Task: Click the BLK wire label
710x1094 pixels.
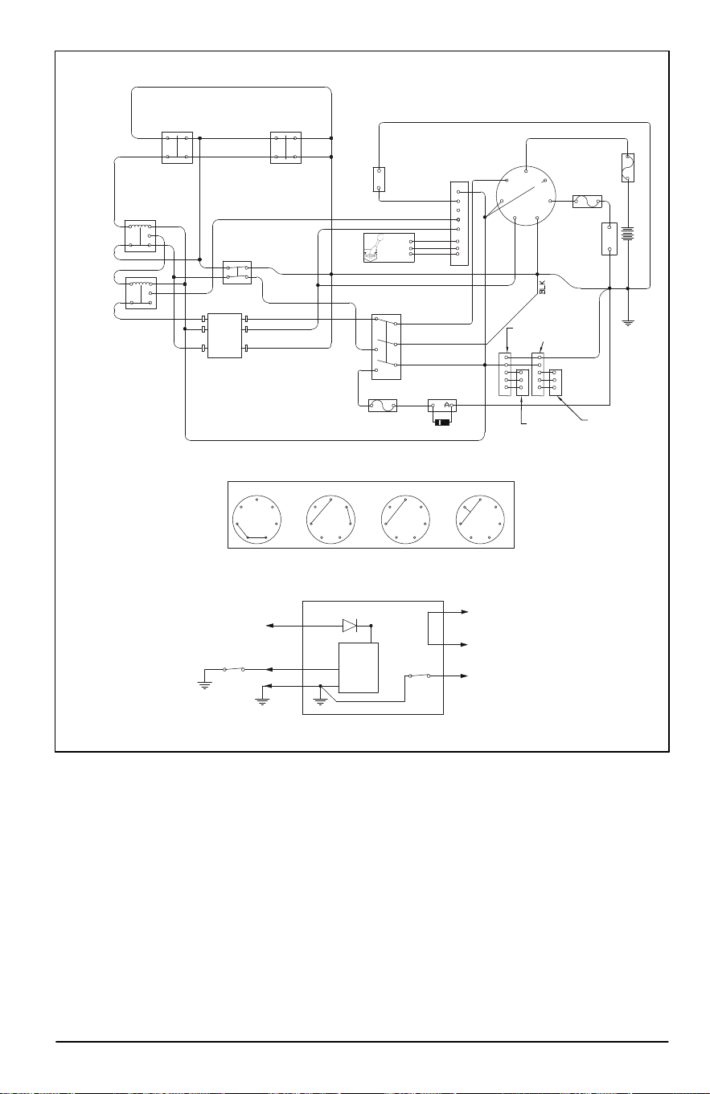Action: pyautogui.click(x=542, y=287)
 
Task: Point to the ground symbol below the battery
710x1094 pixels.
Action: pyautogui.click(x=628, y=323)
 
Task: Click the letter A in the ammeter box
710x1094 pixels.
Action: pyautogui.click(x=447, y=405)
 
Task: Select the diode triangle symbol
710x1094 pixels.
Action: pyautogui.click(x=350, y=626)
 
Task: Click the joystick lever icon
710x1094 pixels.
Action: pyautogui.click(x=375, y=247)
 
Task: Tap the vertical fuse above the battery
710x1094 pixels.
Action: pyautogui.click(x=628, y=168)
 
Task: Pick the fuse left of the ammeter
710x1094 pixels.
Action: pyautogui.click(x=383, y=406)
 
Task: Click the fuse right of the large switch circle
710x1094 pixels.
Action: pyautogui.click(x=587, y=202)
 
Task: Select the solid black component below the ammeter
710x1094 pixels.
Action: pyautogui.click(x=443, y=422)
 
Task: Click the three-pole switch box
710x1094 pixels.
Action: pyautogui.click(x=386, y=347)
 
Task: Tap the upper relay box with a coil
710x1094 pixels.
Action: pyautogui.click(x=141, y=236)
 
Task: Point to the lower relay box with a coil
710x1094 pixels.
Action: pyautogui.click(x=142, y=293)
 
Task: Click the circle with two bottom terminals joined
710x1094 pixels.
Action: pyautogui.click(x=257, y=519)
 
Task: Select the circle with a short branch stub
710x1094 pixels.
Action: pyautogui.click(x=480, y=519)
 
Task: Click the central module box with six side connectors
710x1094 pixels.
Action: pyautogui.click(x=224, y=336)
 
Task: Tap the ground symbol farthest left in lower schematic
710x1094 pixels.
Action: pyautogui.click(x=204, y=684)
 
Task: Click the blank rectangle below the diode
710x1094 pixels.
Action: pyautogui.click(x=359, y=667)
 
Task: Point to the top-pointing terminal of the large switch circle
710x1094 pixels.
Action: pyautogui.click(x=526, y=171)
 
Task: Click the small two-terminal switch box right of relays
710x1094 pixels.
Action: pyautogui.click(x=237, y=272)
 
